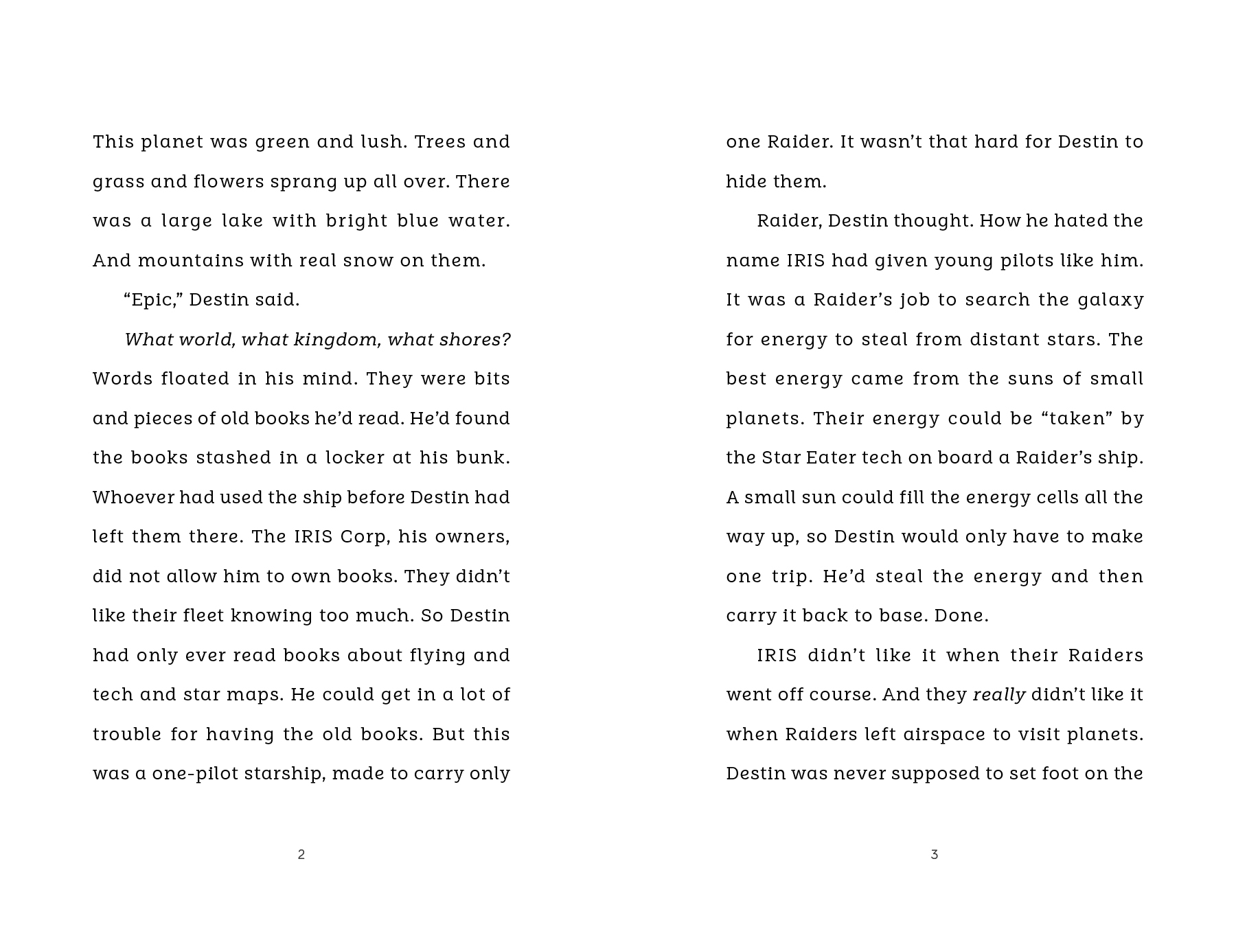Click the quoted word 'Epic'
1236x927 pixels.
pyautogui.click(x=154, y=300)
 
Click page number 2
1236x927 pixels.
pyautogui.click(x=301, y=854)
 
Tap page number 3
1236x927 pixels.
pyautogui.click(x=935, y=854)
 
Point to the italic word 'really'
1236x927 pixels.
pyautogui.click(x=999, y=695)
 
